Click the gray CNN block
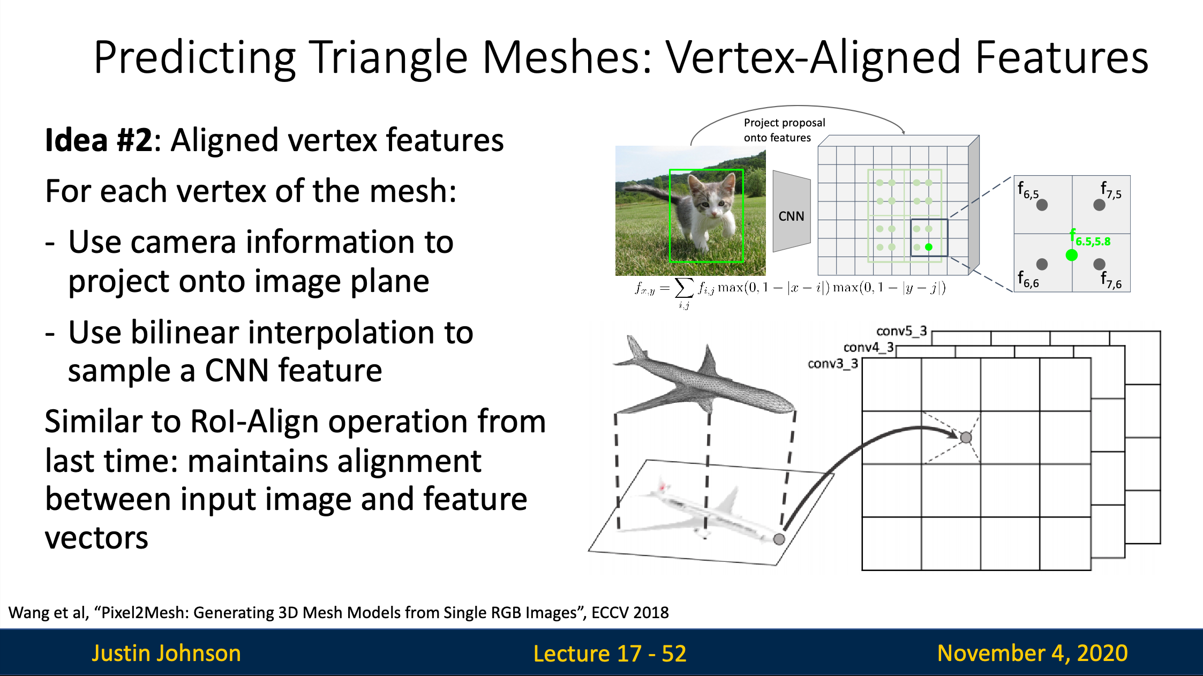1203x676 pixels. pyautogui.click(x=791, y=212)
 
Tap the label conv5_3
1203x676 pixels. pyautogui.click(x=901, y=331)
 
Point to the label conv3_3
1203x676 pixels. pyautogui.click(x=833, y=364)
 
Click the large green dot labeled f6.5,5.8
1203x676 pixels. pyautogui.click(x=1071, y=255)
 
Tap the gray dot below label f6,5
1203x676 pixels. pyautogui.click(x=1042, y=205)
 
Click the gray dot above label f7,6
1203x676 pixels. pyautogui.click(x=1099, y=264)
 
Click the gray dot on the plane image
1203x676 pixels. pyautogui.click(x=779, y=539)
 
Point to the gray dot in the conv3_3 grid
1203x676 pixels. pyautogui.click(x=966, y=438)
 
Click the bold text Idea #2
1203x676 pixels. pyautogui.click(x=99, y=140)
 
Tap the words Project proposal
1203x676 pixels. pyautogui.click(x=784, y=123)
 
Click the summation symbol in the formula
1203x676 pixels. pyautogui.click(x=684, y=288)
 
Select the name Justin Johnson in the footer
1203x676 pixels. pyautogui.click(x=166, y=653)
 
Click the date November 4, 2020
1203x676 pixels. pyautogui.click(x=1032, y=653)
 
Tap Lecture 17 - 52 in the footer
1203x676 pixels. pyautogui.click(x=610, y=654)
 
